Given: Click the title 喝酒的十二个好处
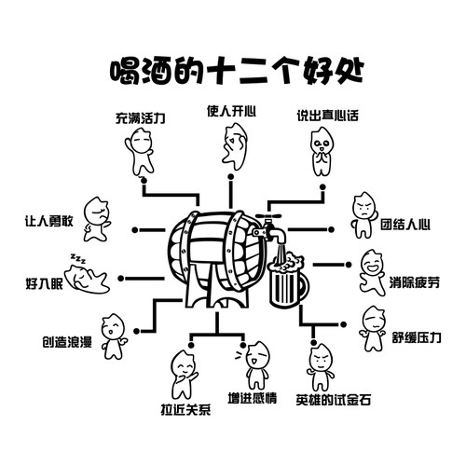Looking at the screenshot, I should pyautogui.click(x=233, y=69).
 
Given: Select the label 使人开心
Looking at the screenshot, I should pyautogui.click(x=232, y=110).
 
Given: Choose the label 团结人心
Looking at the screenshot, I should pyautogui.click(x=405, y=224).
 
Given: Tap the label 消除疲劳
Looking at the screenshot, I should pyautogui.click(x=414, y=281).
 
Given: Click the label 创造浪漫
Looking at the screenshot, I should pyautogui.click(x=66, y=341).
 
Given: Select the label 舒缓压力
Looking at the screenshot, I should pyautogui.click(x=416, y=336).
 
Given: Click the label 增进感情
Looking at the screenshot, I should pyautogui.click(x=253, y=399).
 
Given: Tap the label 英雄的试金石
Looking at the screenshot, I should pyautogui.click(x=333, y=399).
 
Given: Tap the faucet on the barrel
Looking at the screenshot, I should pyautogui.click(x=269, y=226).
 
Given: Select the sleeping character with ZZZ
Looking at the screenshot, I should pyautogui.click(x=89, y=276).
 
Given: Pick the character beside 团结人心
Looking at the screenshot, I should pyautogui.click(x=361, y=216).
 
